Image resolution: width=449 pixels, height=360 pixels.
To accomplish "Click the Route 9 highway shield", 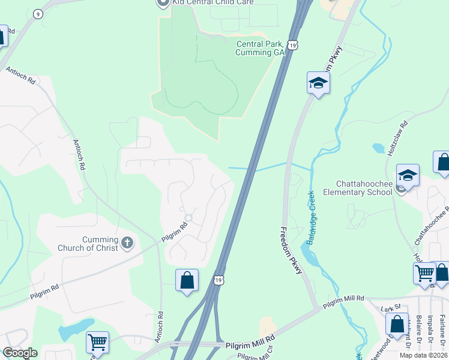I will coord(38,14).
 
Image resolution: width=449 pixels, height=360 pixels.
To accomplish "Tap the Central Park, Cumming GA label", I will coord(260,48).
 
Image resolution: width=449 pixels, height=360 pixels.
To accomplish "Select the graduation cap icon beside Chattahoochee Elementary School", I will coord(408,176).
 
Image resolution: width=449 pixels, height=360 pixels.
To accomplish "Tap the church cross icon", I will coord(127,242).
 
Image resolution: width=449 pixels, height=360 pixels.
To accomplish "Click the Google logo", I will coord(20,353).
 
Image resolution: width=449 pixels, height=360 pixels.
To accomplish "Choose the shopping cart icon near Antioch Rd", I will coord(97,342).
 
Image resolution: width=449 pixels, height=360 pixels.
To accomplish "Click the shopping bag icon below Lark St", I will coord(397,324).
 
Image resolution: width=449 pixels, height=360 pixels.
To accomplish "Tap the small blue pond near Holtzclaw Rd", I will coord(379,148).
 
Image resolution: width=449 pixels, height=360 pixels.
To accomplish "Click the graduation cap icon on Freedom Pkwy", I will coord(318,83).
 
